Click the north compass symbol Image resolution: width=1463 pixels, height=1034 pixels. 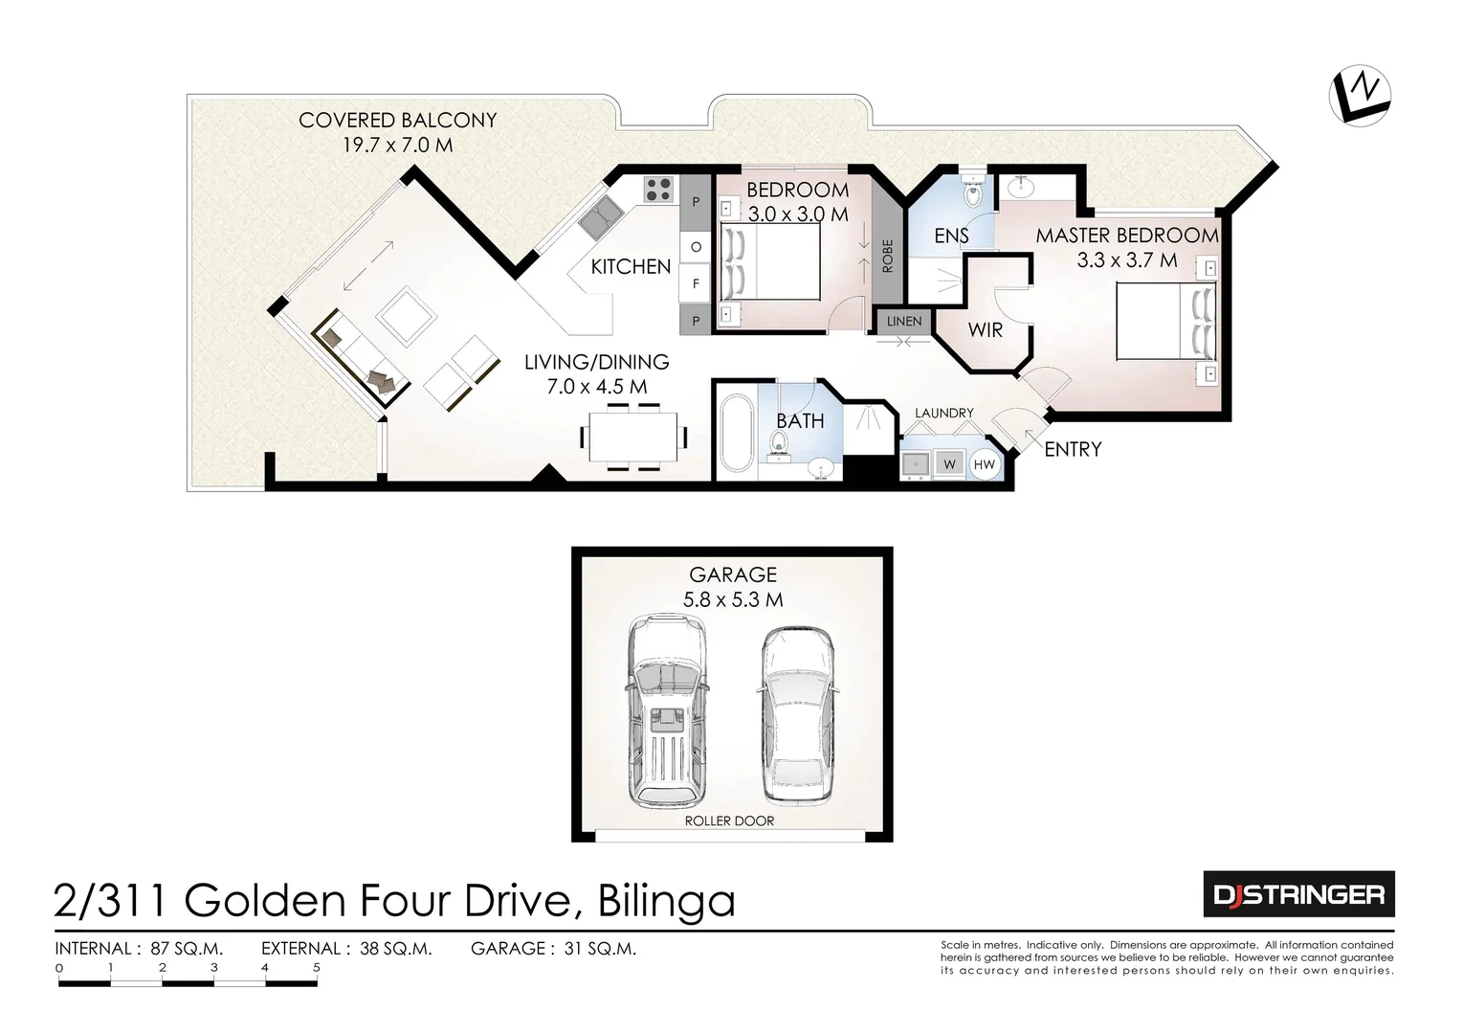(x=1360, y=96)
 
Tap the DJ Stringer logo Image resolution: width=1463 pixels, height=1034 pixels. (x=1297, y=894)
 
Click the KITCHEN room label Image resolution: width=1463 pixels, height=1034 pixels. (x=631, y=266)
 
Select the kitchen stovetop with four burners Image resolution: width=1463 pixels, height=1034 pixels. (x=658, y=189)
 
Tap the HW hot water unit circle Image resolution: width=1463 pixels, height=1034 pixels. (x=984, y=464)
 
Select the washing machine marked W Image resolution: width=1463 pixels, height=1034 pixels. (x=949, y=464)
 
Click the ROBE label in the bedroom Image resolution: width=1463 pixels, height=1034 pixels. (x=887, y=256)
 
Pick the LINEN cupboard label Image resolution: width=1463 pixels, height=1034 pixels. (x=904, y=321)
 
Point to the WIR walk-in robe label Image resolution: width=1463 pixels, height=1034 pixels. (x=985, y=330)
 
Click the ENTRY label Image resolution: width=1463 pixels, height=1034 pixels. (x=1073, y=449)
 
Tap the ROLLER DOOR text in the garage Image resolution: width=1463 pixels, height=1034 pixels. (x=729, y=820)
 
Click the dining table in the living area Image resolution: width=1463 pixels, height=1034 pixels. (x=633, y=437)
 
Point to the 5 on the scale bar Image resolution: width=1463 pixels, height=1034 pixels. (x=317, y=968)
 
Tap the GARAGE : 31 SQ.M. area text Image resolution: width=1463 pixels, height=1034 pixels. (x=553, y=949)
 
